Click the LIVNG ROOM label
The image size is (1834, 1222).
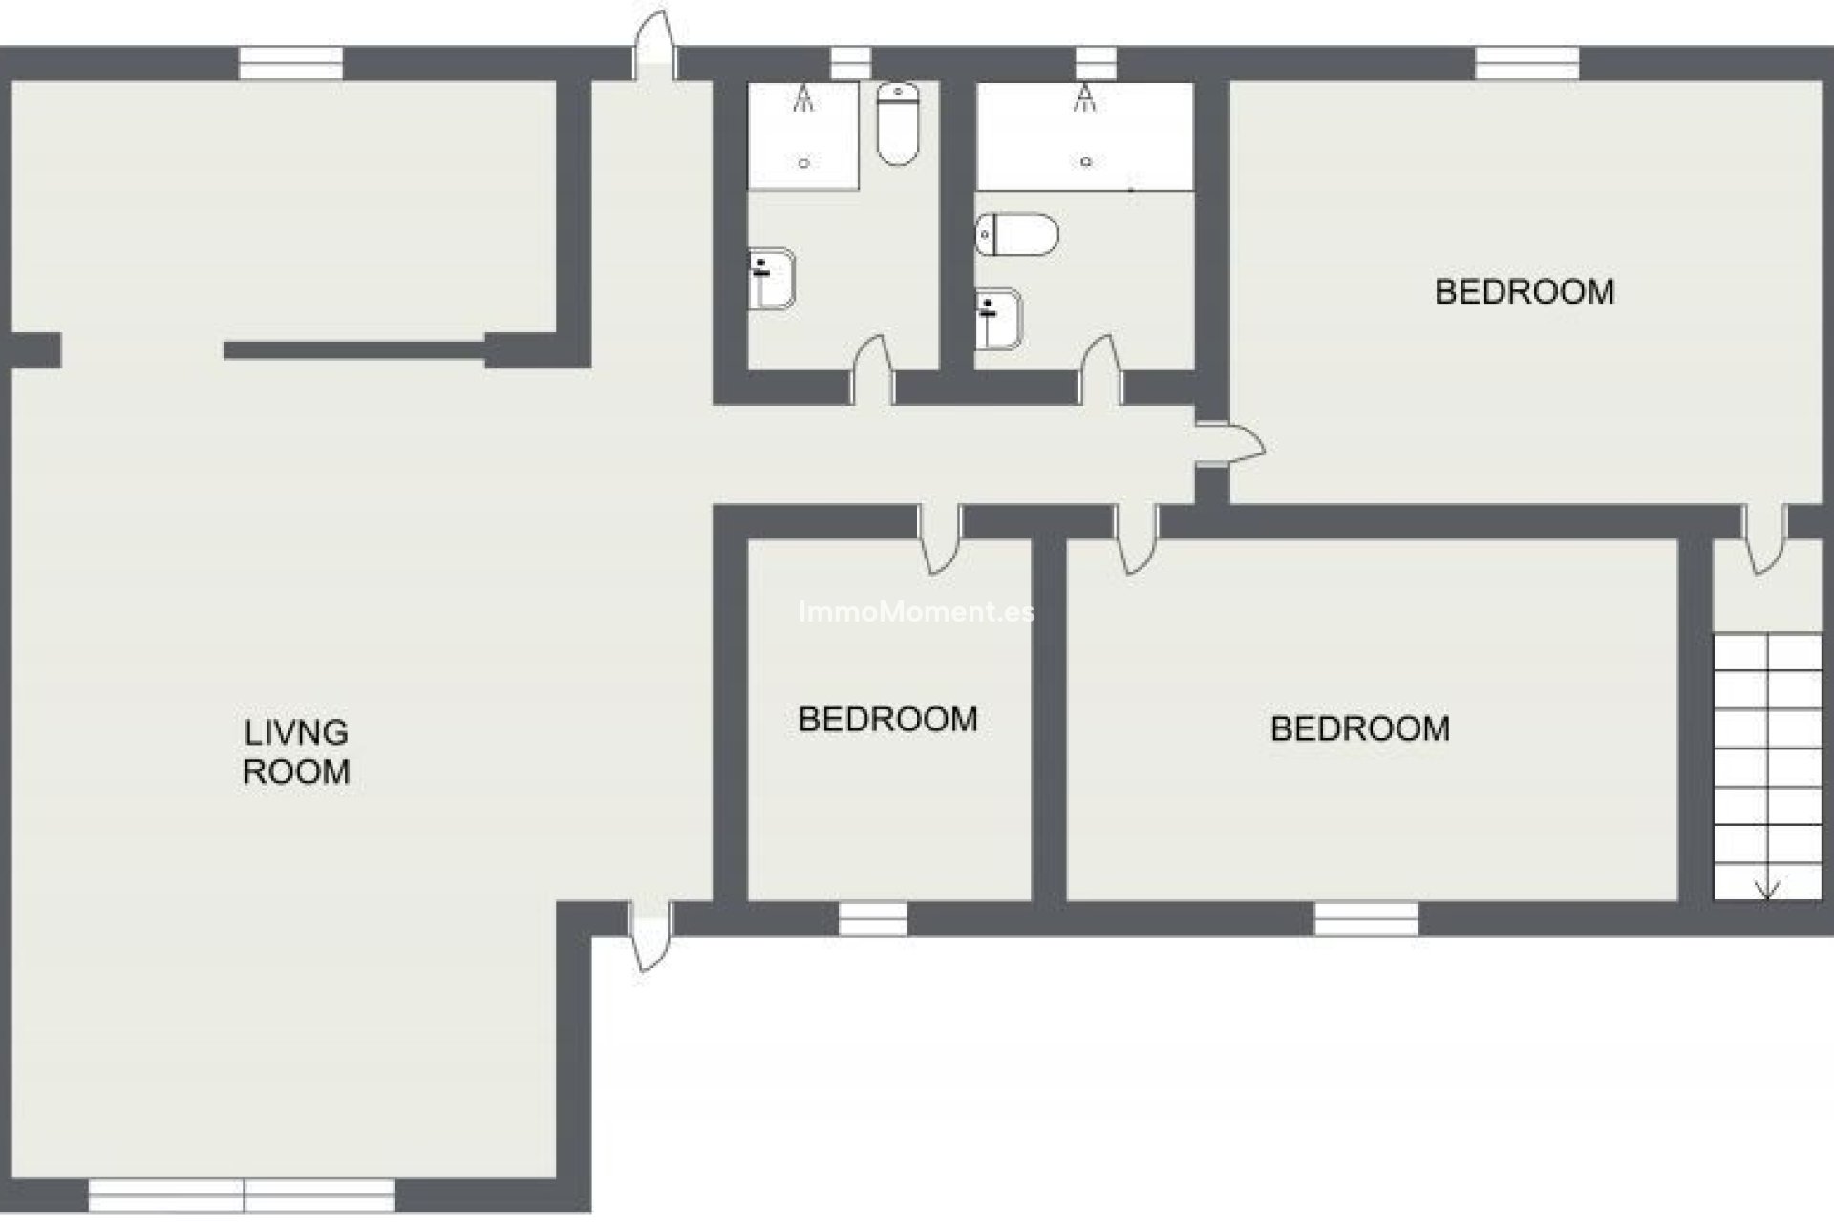[x=296, y=752]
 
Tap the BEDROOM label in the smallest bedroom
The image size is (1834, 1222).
[x=887, y=719]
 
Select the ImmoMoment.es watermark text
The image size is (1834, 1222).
[x=915, y=612]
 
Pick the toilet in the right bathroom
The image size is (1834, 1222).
[x=1017, y=234]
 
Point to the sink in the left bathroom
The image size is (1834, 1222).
[x=771, y=279]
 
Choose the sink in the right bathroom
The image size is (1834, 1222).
[x=997, y=319]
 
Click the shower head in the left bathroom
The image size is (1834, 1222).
[x=804, y=98]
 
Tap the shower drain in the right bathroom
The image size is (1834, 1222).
[x=1085, y=162]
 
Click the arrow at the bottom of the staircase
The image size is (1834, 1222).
[x=1767, y=888]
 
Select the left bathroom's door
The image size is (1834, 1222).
[x=873, y=372]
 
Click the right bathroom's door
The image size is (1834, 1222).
[x=1100, y=372]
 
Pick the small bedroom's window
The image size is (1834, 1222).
[x=873, y=918]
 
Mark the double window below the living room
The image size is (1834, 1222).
[x=242, y=1195]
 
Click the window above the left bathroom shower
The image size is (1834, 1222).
[x=850, y=63]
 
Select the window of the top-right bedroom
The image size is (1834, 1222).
[x=1526, y=63]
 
